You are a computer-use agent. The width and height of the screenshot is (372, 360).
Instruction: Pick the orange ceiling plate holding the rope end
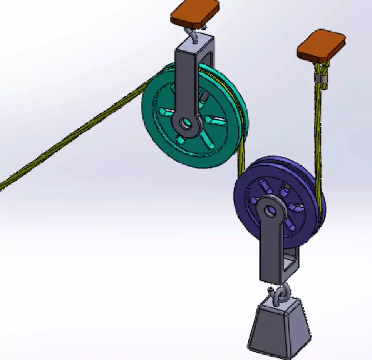pos(321,45)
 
